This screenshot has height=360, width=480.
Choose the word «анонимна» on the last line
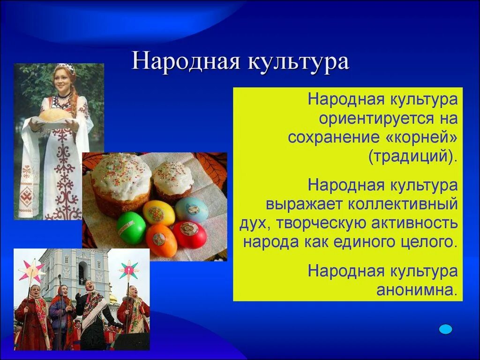point(417,290)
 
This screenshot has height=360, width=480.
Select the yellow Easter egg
point(158,212)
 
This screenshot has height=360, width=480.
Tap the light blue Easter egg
point(192,209)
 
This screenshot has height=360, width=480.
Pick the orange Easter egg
point(161,240)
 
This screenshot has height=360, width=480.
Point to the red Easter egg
point(189,234)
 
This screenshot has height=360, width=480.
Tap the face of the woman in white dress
point(63,80)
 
